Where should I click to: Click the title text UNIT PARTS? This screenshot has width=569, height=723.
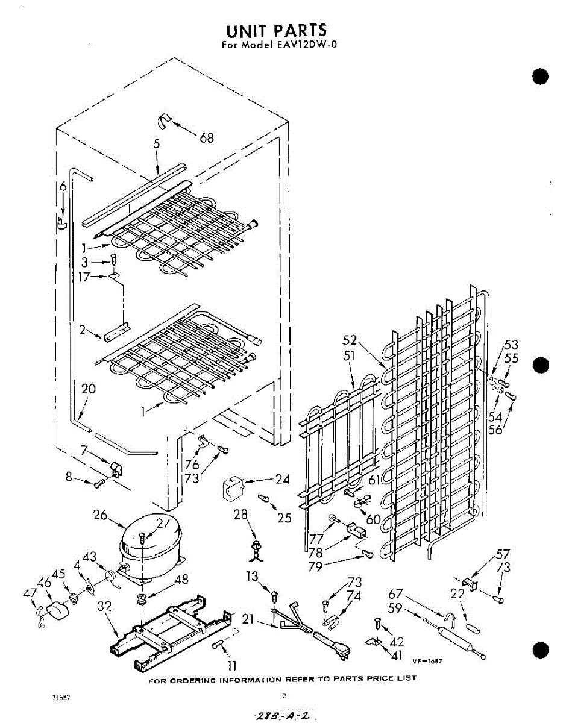[x=277, y=30]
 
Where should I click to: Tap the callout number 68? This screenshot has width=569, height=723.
[x=207, y=138]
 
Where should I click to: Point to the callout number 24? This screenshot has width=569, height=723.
[x=283, y=480]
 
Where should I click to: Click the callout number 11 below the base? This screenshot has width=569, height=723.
[x=231, y=666]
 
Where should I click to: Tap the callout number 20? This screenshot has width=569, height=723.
[x=89, y=389]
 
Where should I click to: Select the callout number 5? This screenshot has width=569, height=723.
[x=157, y=144]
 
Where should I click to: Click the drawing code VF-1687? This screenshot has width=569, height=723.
[x=428, y=660]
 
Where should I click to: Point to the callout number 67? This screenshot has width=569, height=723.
[x=395, y=594]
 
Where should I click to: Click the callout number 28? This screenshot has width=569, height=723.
[x=241, y=514]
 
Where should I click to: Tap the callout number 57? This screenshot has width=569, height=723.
[x=503, y=554]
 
